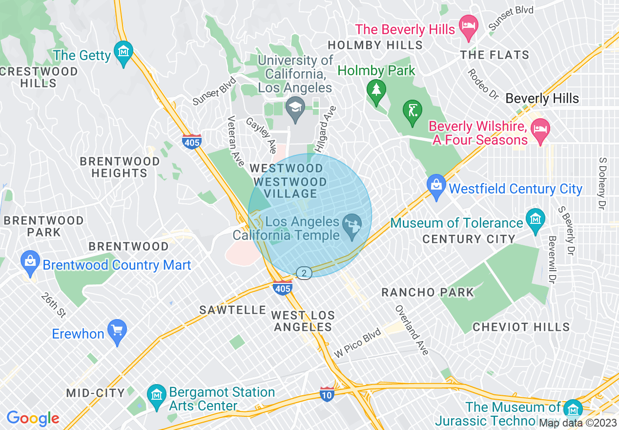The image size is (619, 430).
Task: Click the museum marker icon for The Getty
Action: tap(123, 52)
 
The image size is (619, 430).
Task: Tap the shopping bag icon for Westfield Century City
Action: tap(436, 185)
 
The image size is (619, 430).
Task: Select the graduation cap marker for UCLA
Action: tap(295, 107)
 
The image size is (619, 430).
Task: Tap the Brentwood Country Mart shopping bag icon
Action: tap(30, 262)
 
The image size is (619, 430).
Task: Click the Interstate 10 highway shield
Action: tap(327, 394)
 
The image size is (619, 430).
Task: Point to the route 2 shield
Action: tap(304, 273)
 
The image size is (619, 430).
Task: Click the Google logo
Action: tap(33, 418)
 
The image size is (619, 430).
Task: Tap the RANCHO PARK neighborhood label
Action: tap(428, 293)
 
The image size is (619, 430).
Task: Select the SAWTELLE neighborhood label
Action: tap(233, 310)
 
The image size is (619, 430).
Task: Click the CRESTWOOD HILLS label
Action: tap(39, 77)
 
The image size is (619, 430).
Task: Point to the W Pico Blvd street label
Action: tap(357, 345)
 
